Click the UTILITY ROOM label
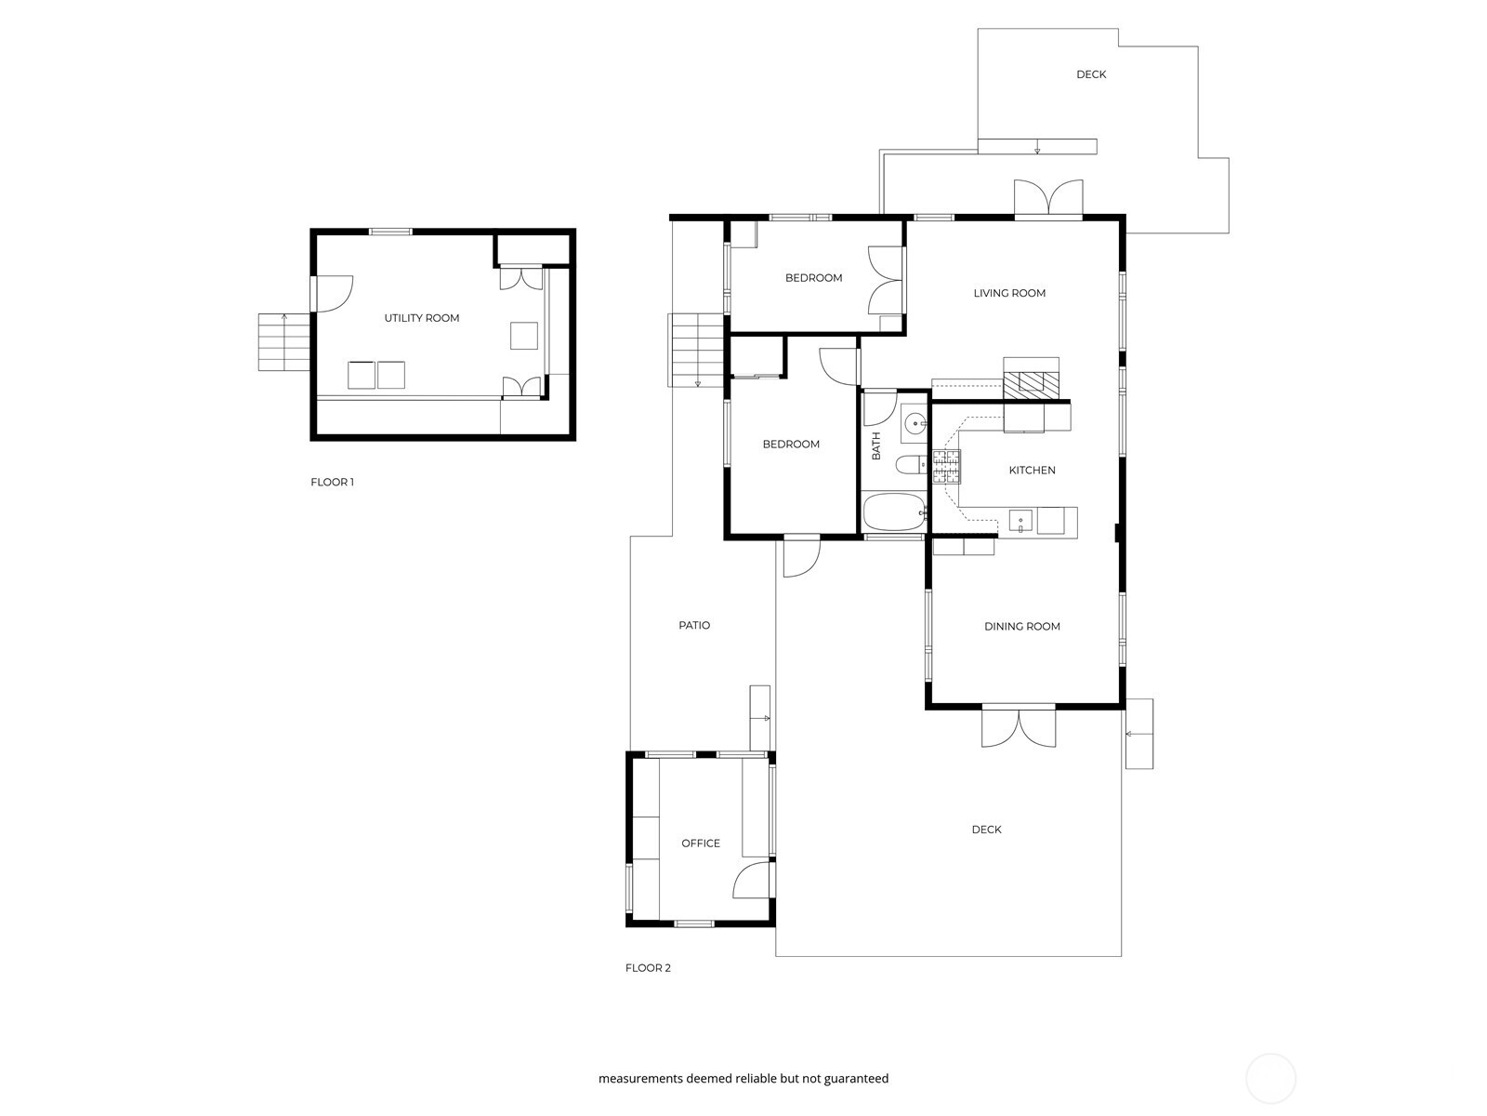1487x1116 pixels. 421,318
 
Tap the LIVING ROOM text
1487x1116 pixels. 1009,293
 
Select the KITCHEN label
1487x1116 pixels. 1032,470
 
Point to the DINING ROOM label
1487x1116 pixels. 1021,626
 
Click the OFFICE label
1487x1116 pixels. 701,843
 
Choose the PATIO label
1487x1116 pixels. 694,625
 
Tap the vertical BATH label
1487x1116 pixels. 876,445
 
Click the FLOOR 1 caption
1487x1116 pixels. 332,482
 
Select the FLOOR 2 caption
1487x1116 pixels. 648,967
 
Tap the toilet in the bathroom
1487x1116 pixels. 911,465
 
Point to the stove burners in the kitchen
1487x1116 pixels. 946,466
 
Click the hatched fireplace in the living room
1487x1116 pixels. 1031,385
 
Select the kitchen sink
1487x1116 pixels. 1020,521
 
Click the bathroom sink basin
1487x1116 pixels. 915,424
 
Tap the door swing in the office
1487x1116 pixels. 752,879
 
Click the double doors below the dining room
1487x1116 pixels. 1019,727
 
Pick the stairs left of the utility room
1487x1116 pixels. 283,342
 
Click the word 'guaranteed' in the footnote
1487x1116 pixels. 856,1078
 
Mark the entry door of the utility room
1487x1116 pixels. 333,293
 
